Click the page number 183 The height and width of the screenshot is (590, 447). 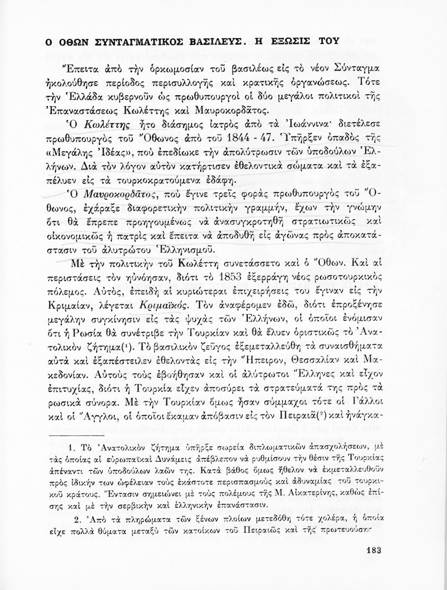[x=370, y=549]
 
